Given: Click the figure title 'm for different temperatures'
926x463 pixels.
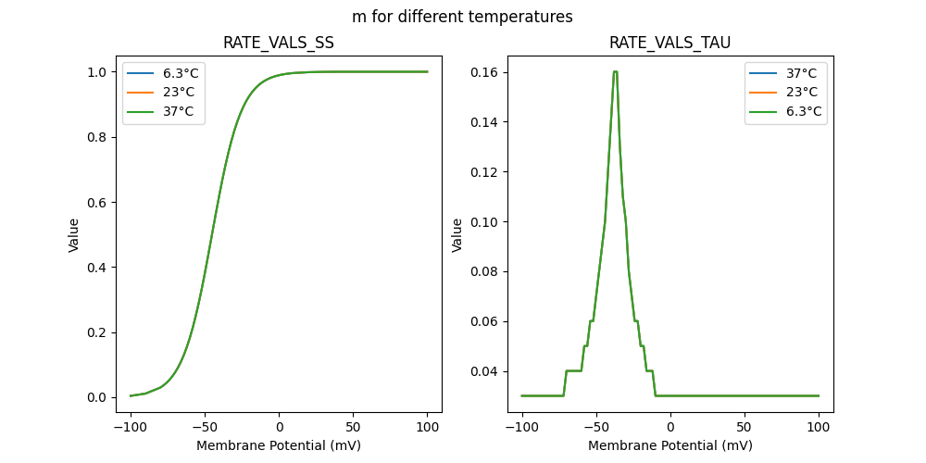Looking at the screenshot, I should coord(462,17).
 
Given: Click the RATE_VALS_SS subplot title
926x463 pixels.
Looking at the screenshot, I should coord(279,44).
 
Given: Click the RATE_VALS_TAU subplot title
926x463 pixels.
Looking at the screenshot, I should coord(669,44).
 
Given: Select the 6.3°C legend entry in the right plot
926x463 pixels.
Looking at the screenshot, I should coord(801,111).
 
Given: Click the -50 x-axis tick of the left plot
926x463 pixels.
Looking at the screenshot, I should coord(205,428).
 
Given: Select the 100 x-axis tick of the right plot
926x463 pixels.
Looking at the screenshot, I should coord(819,428).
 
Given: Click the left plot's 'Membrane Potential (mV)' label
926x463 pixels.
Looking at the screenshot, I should coord(279,445).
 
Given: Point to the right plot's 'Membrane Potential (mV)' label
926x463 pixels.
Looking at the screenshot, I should coord(669,445).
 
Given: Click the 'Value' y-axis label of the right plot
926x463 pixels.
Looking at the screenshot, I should coord(457,235).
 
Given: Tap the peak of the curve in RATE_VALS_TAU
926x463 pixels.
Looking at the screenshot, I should coord(615,71).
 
